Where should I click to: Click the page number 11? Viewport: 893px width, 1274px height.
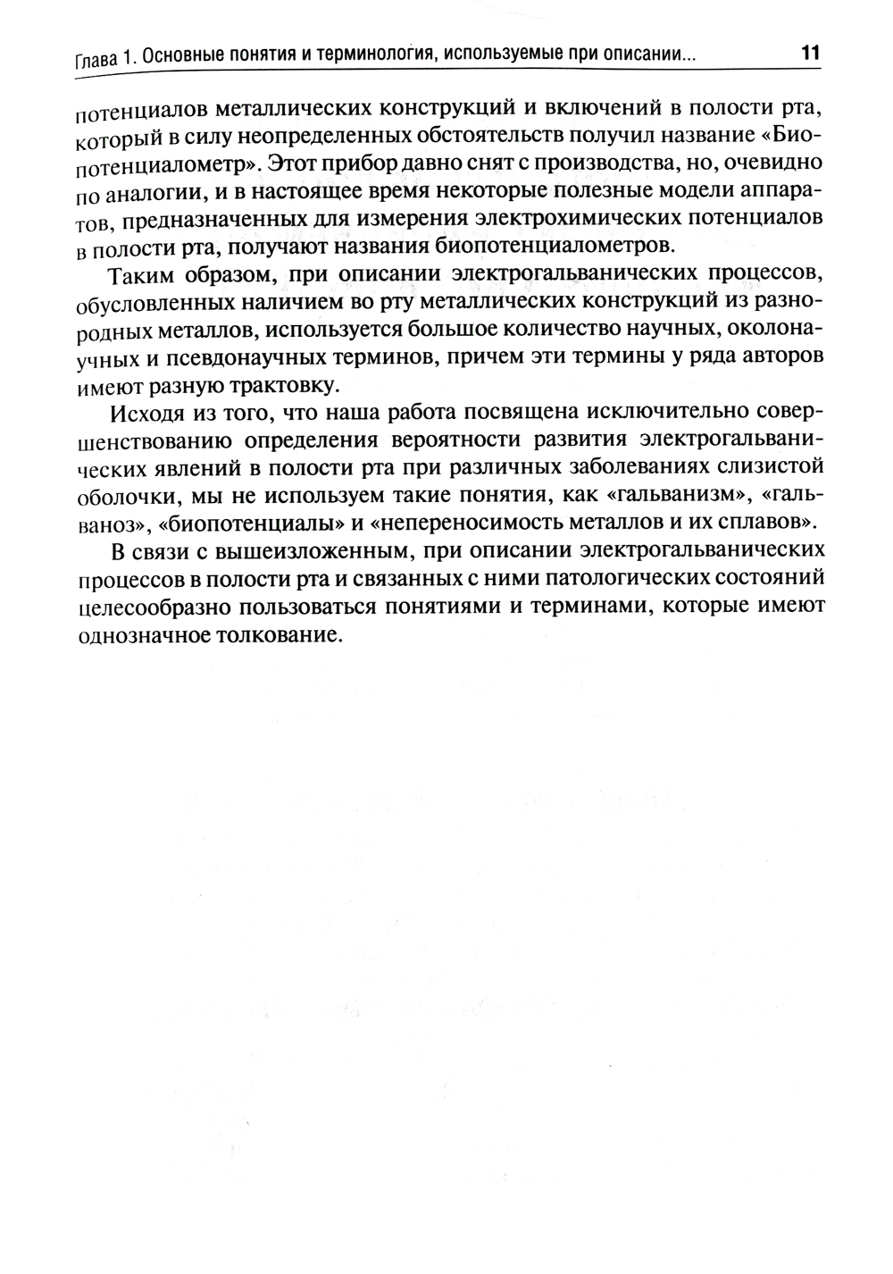coord(809,52)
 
